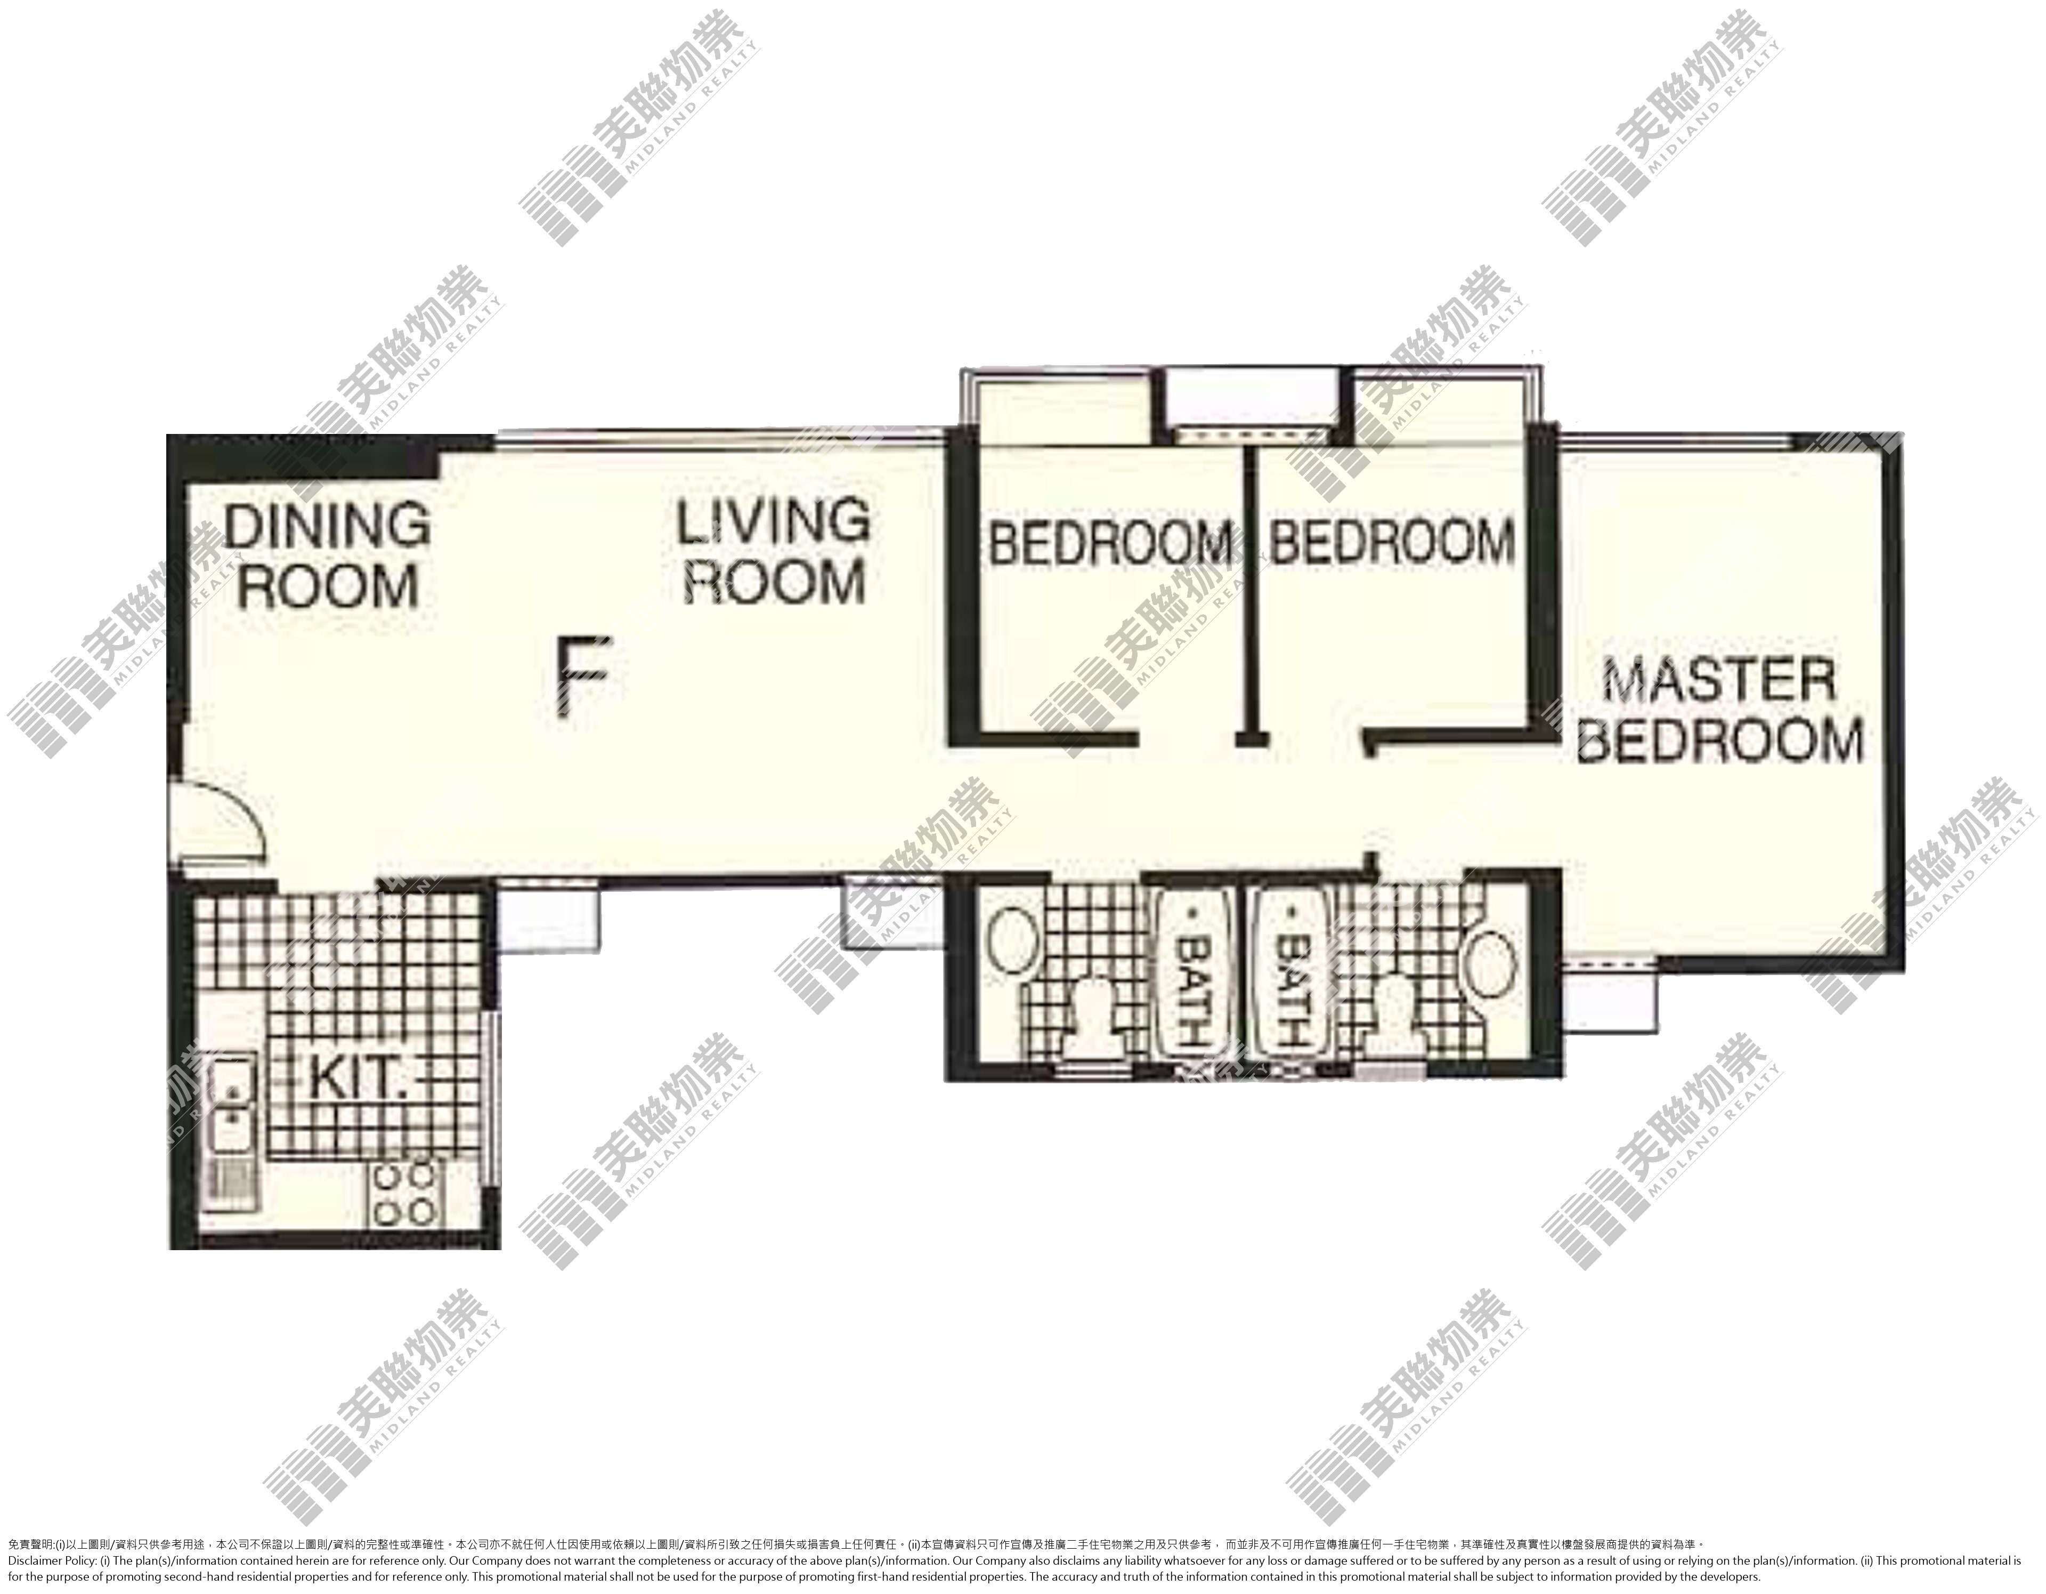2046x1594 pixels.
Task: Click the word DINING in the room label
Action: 327,526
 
